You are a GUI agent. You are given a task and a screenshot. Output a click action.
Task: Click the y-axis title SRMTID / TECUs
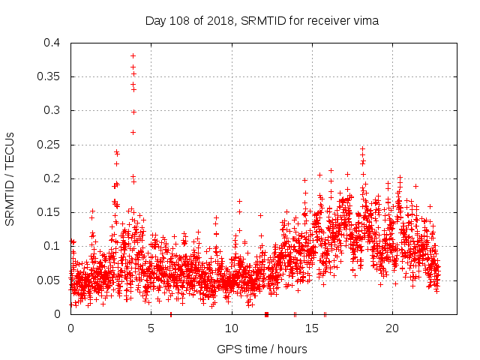tap(10, 178)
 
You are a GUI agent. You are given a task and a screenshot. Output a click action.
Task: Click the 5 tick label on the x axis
tap(151, 328)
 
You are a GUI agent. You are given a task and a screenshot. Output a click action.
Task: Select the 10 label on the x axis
tap(231, 328)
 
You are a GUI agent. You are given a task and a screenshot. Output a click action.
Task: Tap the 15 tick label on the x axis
tap(311, 328)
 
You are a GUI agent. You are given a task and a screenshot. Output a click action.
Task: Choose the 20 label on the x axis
tap(391, 328)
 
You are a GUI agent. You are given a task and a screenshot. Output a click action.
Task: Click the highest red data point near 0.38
tap(133, 55)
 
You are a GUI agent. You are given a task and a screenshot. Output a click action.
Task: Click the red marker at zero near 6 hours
tap(171, 313)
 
